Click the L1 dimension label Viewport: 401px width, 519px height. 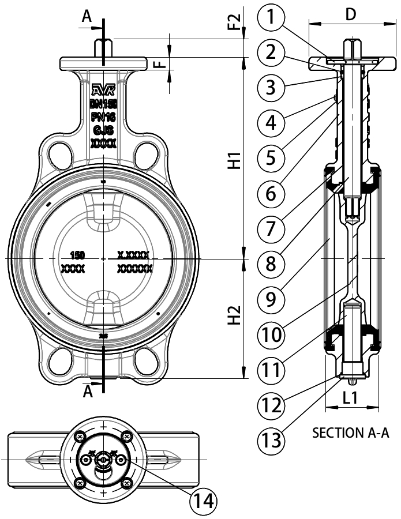[x=351, y=397]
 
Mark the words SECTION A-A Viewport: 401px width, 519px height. [x=350, y=432]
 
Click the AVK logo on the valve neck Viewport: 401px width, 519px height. [x=103, y=89]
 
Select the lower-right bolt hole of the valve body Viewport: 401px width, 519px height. [x=148, y=363]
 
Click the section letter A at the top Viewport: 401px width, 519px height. [x=87, y=18]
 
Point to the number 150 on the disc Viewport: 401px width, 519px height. [x=77, y=255]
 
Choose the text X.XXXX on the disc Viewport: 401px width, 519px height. [x=134, y=255]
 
